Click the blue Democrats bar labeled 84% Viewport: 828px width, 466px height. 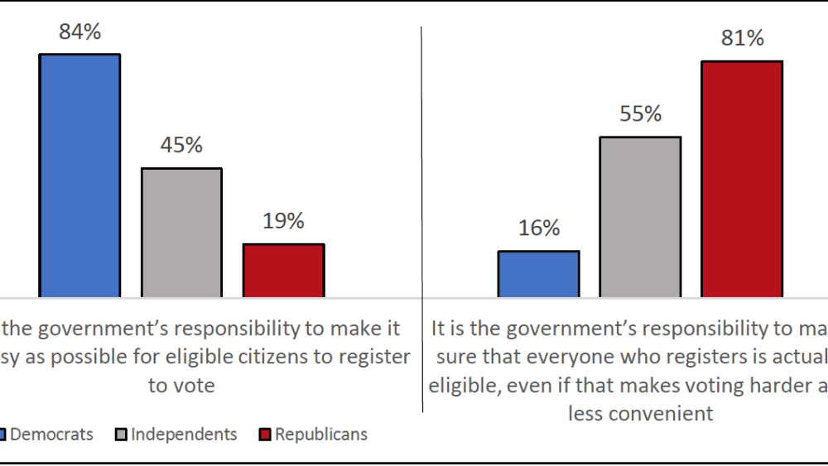point(79,175)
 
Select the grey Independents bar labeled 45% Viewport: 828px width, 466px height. point(181,233)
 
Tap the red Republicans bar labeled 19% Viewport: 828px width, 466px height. point(283,270)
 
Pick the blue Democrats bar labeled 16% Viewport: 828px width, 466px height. point(538,273)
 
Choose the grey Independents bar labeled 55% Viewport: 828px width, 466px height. point(640,217)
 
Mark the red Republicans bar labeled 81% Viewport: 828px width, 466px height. point(742,179)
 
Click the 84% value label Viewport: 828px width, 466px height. point(79,32)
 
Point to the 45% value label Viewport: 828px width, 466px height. point(181,146)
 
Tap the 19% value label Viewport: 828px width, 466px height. point(283,221)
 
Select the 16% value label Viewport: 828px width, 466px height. point(539,228)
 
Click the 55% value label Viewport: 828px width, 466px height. point(641,114)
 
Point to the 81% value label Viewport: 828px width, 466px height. point(742,38)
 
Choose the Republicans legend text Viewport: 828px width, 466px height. point(321,435)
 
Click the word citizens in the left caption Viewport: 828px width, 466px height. point(264,357)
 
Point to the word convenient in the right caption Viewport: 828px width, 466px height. point(641,413)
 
